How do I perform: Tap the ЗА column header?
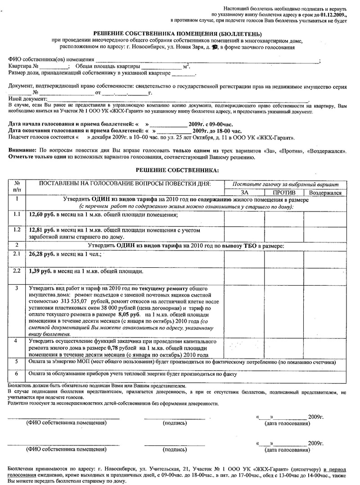(244, 193)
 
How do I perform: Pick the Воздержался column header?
(325, 193)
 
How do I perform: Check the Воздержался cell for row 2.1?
(325, 258)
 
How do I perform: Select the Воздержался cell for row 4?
(325, 348)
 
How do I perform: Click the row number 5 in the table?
(17, 361)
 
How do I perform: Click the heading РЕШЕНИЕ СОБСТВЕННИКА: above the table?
(177, 170)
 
